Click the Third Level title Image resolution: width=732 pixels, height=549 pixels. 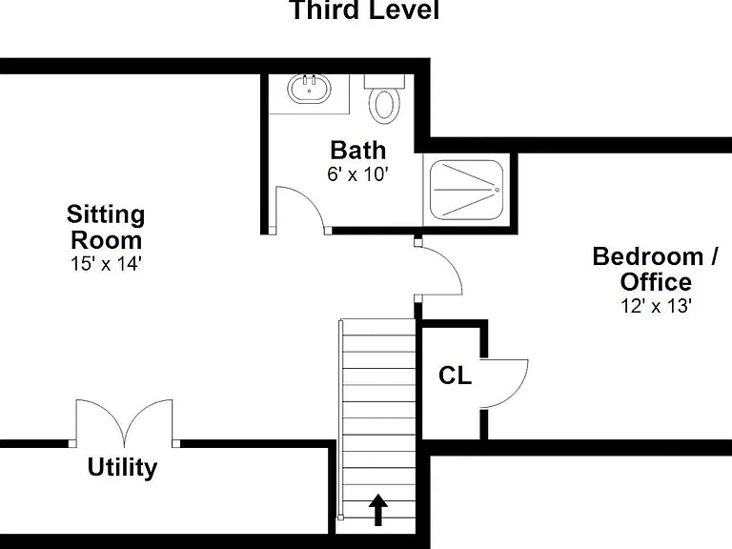click(365, 10)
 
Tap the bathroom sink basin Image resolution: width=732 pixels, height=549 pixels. click(309, 89)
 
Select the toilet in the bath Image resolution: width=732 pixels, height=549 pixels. click(384, 99)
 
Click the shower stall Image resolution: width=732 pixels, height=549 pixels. click(466, 190)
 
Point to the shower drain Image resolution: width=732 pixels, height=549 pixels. click(498, 190)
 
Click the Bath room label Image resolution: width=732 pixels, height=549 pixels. click(358, 151)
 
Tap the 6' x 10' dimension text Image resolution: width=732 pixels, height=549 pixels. click(358, 174)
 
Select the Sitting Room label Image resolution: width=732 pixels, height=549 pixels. click(106, 228)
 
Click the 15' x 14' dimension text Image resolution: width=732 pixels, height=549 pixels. click(106, 264)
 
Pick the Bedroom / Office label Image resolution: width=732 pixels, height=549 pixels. click(656, 270)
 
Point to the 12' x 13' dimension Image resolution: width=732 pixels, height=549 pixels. click(656, 306)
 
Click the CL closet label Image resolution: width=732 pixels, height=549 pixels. click(456, 376)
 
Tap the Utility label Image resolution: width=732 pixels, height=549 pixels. click(122, 467)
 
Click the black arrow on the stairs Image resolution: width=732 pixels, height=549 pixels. click(378, 510)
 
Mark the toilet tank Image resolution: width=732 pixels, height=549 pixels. click(384, 81)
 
